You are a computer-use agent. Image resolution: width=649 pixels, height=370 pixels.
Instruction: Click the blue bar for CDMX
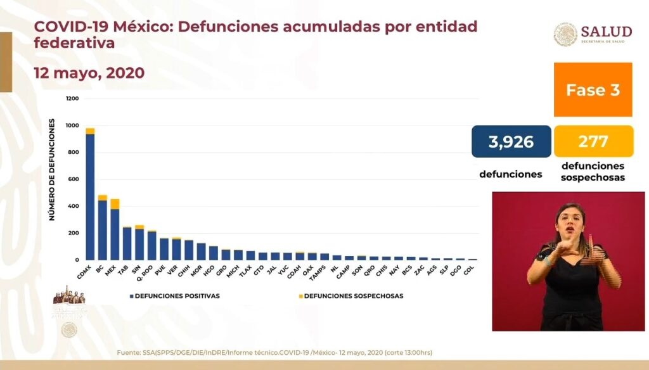[x=90, y=196]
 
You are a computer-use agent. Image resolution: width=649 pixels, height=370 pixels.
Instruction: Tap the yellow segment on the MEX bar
[x=115, y=203]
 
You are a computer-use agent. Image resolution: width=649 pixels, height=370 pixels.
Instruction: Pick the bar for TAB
[x=127, y=243]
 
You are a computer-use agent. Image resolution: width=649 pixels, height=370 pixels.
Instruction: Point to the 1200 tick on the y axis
[x=72, y=99]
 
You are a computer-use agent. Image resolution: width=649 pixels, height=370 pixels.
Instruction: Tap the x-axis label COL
[x=469, y=271]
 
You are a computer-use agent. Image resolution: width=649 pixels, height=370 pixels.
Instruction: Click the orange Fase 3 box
[x=593, y=89]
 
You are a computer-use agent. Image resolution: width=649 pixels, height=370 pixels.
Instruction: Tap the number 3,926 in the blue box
[x=511, y=142]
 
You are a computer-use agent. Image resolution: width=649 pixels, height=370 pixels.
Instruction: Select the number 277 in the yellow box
[x=593, y=141]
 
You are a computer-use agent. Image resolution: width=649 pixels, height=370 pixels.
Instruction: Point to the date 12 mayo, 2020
[x=89, y=73]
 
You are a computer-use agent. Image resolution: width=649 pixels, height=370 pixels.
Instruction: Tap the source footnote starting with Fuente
[x=274, y=352]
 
